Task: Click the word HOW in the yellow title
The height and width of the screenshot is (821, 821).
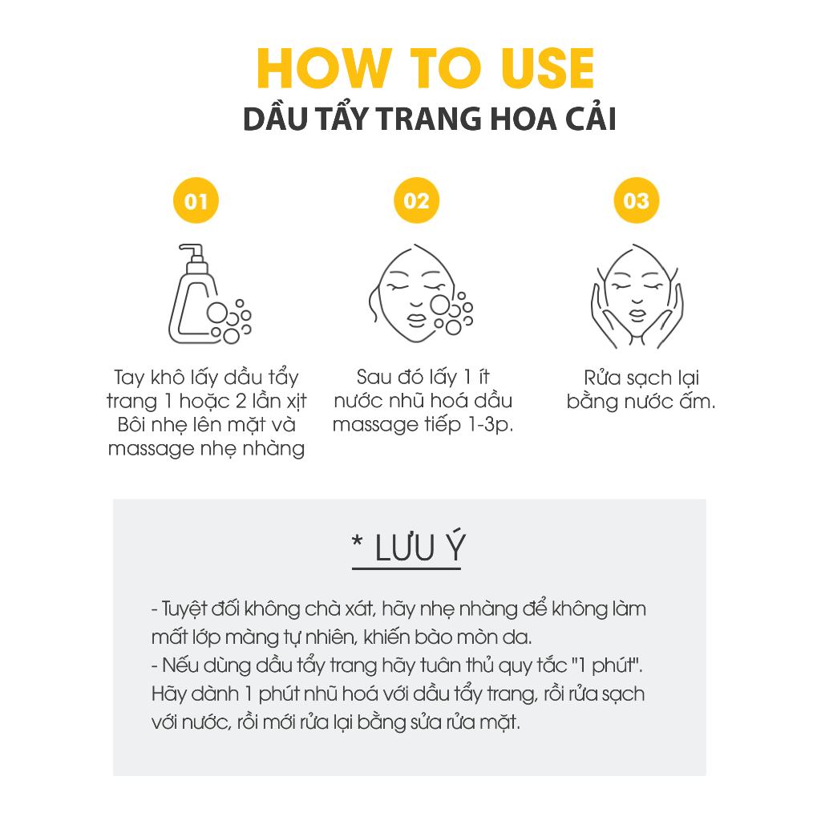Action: [x=325, y=68]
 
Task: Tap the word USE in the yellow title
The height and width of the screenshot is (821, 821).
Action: [x=547, y=68]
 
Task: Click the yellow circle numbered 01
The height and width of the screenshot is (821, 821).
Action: [x=196, y=200]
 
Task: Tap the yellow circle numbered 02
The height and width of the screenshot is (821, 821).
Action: [x=416, y=200]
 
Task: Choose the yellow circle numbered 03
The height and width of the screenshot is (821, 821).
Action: [x=636, y=200]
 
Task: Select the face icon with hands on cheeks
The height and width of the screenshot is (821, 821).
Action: [x=637, y=296]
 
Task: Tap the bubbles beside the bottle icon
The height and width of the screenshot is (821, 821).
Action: [x=229, y=322]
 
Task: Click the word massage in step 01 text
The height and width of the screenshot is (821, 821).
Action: [x=148, y=449]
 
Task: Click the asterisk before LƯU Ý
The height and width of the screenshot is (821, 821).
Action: [x=358, y=541]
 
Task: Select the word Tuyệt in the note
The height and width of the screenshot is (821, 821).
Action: [x=184, y=609]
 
